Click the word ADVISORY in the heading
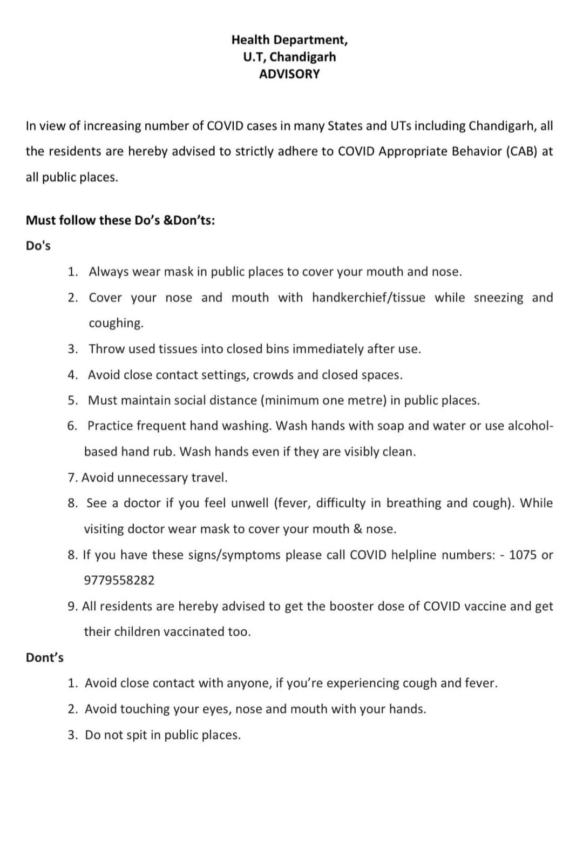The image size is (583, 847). [289, 74]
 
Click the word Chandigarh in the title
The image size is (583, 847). [310, 57]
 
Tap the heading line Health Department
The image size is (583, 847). [289, 39]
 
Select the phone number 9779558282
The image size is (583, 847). [119, 580]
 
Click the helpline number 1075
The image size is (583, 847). [523, 555]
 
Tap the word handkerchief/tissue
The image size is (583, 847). [368, 298]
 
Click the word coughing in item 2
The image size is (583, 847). [116, 323]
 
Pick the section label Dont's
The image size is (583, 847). [45, 657]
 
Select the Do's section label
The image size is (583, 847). [38, 246]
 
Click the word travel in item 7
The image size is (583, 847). [209, 478]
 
